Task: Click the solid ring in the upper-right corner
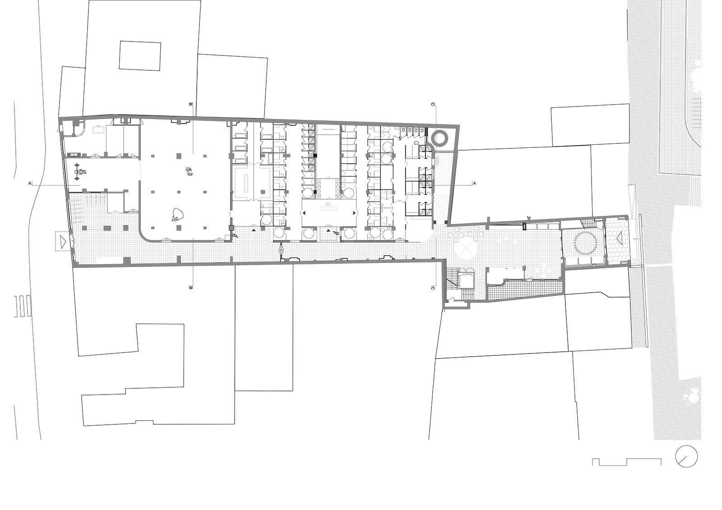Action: tap(439, 138)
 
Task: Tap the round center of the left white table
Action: tap(456, 235)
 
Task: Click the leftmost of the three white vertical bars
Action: tap(272, 234)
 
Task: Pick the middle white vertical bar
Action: tap(319, 234)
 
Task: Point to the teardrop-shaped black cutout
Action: tap(262, 189)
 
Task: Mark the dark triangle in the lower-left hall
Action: tap(115, 197)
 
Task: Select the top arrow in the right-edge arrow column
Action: tap(697, 98)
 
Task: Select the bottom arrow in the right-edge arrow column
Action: tap(697, 128)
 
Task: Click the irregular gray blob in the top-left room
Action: tap(108, 135)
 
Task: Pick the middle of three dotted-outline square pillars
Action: tap(107, 228)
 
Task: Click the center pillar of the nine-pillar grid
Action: tap(179, 192)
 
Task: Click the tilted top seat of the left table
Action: tap(457, 229)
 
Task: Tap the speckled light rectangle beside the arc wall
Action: tap(438, 160)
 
